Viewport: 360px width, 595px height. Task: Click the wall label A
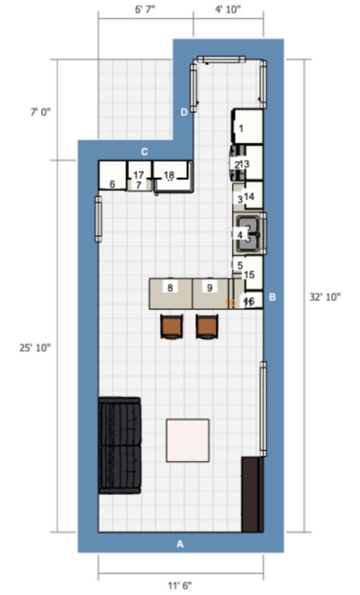(180, 545)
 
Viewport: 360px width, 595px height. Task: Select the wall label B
(272, 297)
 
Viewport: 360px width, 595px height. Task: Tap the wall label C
(144, 151)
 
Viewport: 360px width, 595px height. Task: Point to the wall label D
(184, 112)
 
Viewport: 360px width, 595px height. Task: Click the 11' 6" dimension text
(180, 585)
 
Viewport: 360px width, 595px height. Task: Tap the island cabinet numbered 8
(170, 288)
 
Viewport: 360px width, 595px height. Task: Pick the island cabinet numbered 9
(210, 288)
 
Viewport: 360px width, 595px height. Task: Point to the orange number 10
(230, 303)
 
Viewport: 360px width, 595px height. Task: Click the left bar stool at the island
(171, 326)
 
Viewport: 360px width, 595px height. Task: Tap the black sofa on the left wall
(120, 445)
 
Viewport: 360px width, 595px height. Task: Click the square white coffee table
(189, 440)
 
